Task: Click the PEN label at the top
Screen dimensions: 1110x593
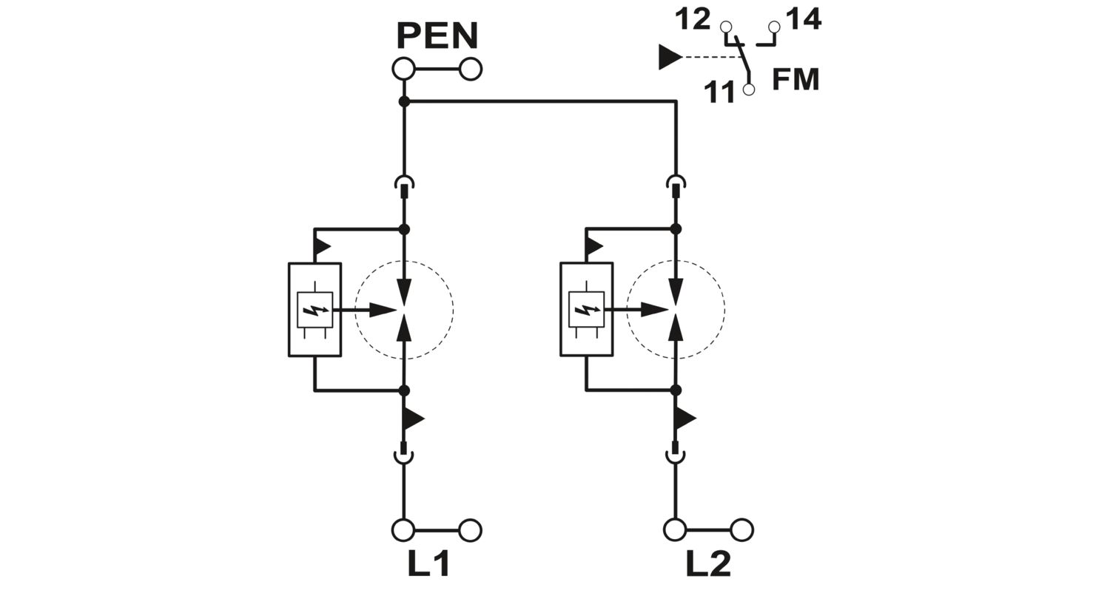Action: pyautogui.click(x=437, y=35)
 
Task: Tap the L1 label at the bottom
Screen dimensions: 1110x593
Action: pyautogui.click(x=428, y=564)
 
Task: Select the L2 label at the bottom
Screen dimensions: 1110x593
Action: pyautogui.click(x=708, y=564)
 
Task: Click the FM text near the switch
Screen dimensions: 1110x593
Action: pyautogui.click(x=795, y=80)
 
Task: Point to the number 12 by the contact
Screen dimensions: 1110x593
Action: pyautogui.click(x=693, y=20)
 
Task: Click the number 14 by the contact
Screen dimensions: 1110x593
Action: pyautogui.click(x=804, y=19)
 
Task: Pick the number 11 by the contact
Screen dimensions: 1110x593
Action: pyautogui.click(x=719, y=92)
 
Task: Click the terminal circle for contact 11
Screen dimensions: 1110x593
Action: pyautogui.click(x=749, y=89)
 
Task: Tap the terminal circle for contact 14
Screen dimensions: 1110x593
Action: pyautogui.click(x=773, y=27)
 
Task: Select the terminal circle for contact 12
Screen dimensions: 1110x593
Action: pyautogui.click(x=725, y=27)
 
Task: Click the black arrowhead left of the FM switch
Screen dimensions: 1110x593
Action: pyautogui.click(x=670, y=57)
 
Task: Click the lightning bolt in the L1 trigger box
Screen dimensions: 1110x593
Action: pyautogui.click(x=314, y=310)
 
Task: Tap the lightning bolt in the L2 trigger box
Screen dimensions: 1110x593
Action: pyautogui.click(x=586, y=310)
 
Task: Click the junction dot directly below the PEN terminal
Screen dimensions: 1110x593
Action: pyautogui.click(x=404, y=102)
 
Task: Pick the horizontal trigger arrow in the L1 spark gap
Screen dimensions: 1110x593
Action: pyautogui.click(x=365, y=311)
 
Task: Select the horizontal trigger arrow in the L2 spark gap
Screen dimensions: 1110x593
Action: pyautogui.click(x=636, y=311)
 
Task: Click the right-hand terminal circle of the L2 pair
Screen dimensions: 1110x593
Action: pyautogui.click(x=741, y=530)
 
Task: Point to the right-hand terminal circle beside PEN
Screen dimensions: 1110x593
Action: pyautogui.click(x=470, y=70)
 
